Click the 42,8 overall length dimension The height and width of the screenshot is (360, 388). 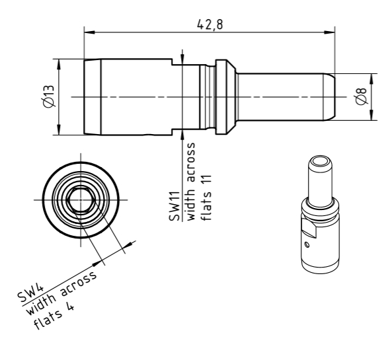(210, 24)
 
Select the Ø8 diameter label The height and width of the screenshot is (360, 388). (361, 96)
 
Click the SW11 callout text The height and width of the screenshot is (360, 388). (174, 206)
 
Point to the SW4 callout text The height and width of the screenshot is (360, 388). (30, 293)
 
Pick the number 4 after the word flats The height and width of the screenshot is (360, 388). (70, 307)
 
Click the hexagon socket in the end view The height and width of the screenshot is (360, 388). (81, 199)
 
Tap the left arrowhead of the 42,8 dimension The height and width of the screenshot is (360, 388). (89, 32)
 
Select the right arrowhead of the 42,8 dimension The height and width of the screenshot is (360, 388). (329, 32)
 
